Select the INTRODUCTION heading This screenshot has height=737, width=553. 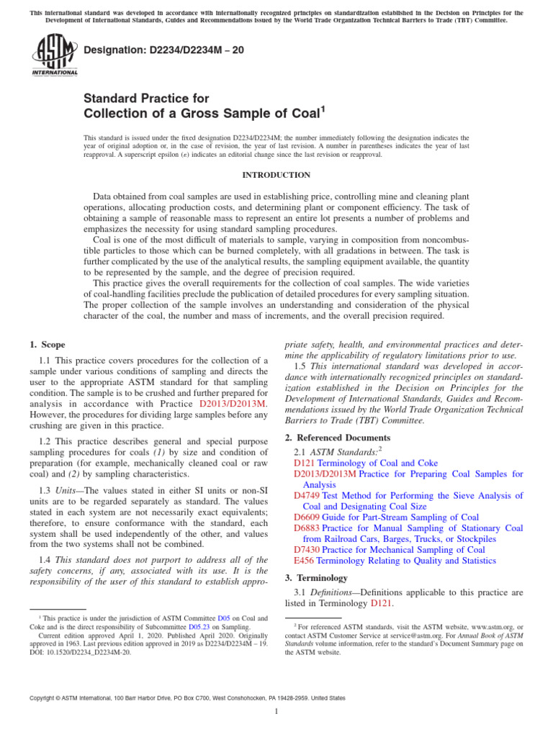[276, 175]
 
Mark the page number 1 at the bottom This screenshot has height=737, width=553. [276, 712]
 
